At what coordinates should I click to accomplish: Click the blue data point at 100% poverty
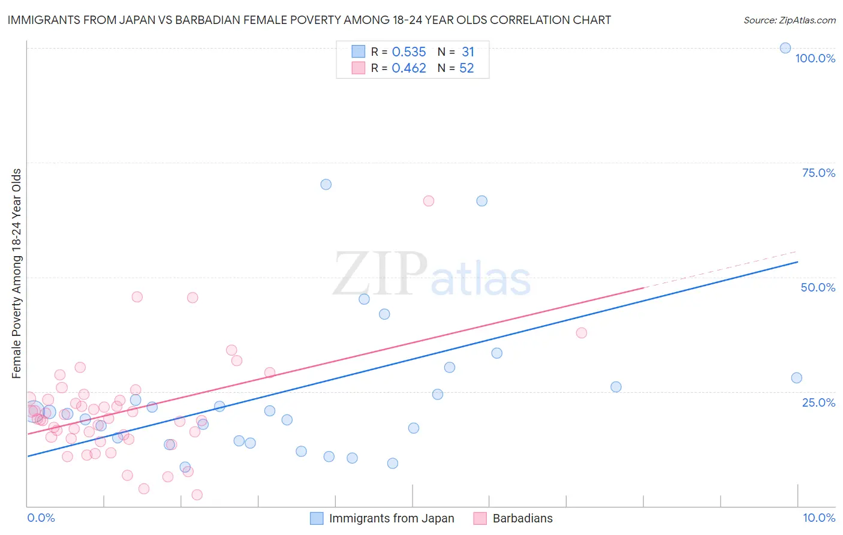pyautogui.click(x=785, y=48)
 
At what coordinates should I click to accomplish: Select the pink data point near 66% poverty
pyautogui.click(x=428, y=201)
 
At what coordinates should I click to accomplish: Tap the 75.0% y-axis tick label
pyautogui.click(x=818, y=173)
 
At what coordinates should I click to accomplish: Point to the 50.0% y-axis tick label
pyautogui.click(x=818, y=287)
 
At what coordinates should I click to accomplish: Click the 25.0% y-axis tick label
pyautogui.click(x=818, y=402)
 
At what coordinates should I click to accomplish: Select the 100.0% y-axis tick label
pyautogui.click(x=815, y=58)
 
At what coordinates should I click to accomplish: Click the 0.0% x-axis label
pyautogui.click(x=41, y=518)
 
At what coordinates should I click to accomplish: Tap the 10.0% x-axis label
pyautogui.click(x=818, y=518)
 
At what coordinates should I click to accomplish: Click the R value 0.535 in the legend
pyautogui.click(x=409, y=52)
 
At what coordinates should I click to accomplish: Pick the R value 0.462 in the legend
pyautogui.click(x=409, y=68)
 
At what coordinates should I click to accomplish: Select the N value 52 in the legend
pyautogui.click(x=466, y=68)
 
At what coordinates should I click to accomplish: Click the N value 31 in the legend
pyautogui.click(x=468, y=52)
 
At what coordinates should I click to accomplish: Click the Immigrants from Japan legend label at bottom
pyautogui.click(x=392, y=518)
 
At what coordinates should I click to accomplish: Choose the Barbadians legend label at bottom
pyautogui.click(x=522, y=518)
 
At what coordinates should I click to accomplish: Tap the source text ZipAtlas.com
pyautogui.click(x=789, y=20)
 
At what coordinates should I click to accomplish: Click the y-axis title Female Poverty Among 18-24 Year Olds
pyautogui.click(x=16, y=273)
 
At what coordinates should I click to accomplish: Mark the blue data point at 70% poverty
pyautogui.click(x=326, y=184)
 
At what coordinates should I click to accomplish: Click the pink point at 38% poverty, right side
pyautogui.click(x=581, y=333)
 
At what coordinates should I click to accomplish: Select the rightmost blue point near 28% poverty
pyautogui.click(x=796, y=378)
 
